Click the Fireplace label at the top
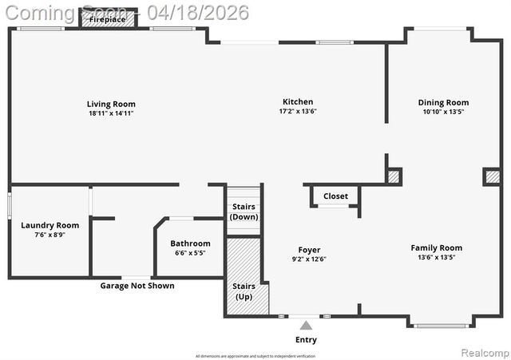(x=107, y=19)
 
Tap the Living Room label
(x=111, y=104)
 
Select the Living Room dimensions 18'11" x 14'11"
(x=111, y=113)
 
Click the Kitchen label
(x=297, y=101)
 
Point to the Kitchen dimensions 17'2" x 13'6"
(x=297, y=111)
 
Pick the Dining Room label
(x=443, y=102)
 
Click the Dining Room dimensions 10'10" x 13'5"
(x=443, y=112)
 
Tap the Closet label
(x=335, y=196)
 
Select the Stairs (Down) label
(x=243, y=212)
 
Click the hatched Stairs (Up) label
(x=243, y=291)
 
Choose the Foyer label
(x=309, y=249)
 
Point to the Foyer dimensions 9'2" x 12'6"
(x=309, y=259)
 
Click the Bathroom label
(x=190, y=243)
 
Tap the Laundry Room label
(x=50, y=225)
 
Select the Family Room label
(x=436, y=247)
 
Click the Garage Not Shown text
(x=137, y=286)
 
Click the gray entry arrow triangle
(x=306, y=325)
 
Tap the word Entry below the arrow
(x=306, y=339)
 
